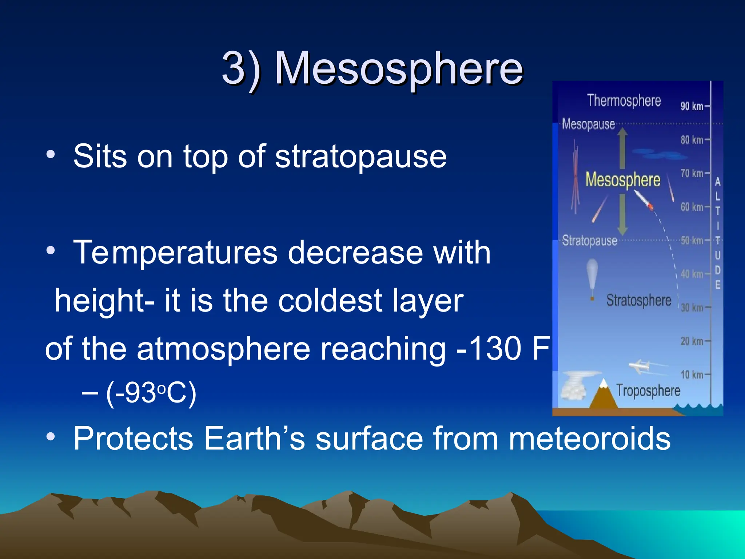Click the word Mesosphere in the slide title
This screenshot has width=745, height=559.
(x=398, y=68)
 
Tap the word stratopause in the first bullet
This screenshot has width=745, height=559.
(x=360, y=156)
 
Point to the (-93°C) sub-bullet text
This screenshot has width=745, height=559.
(x=151, y=393)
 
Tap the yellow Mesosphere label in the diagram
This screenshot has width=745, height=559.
(x=622, y=180)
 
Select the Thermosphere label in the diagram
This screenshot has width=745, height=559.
(x=624, y=101)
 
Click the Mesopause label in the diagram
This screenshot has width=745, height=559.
(x=588, y=124)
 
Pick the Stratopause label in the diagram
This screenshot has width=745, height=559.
(x=589, y=241)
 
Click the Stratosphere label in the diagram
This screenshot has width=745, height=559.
(x=638, y=301)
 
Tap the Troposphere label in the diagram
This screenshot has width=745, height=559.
(x=648, y=391)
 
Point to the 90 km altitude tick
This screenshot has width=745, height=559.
(x=692, y=106)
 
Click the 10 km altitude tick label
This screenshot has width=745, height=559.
(x=692, y=374)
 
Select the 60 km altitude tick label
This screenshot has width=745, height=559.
(x=692, y=207)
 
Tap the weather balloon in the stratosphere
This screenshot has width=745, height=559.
(x=592, y=273)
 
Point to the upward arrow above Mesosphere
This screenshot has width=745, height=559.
(x=622, y=147)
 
